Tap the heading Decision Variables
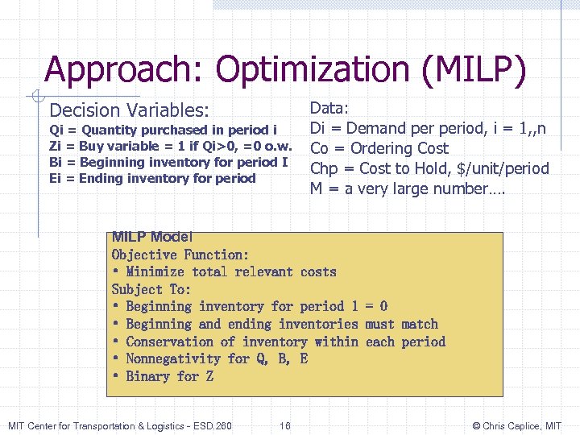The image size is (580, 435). [x=129, y=110]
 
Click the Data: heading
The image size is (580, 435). [x=335, y=108]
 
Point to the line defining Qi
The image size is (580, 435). [x=164, y=130]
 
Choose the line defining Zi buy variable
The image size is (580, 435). [x=169, y=146]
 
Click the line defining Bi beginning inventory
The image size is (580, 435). [x=168, y=162]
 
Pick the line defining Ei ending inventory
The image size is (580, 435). [x=152, y=178]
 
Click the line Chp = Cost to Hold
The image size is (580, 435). [x=429, y=168]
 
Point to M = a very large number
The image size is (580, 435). [x=407, y=189]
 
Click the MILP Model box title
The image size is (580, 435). [x=152, y=237]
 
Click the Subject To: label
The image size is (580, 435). [x=151, y=289]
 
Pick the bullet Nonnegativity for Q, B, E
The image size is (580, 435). [x=210, y=358]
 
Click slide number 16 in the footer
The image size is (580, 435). [x=286, y=425]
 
